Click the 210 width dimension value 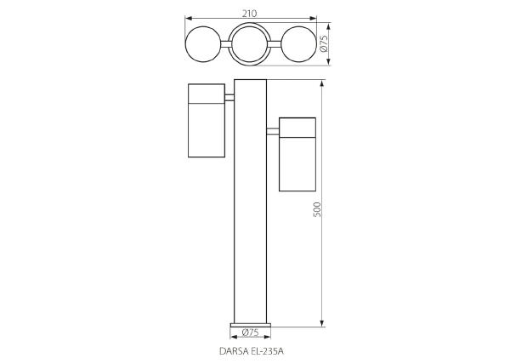tap(249, 14)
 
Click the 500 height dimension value tap(317, 210)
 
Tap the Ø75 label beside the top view tap(324, 44)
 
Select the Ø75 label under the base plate tap(251, 333)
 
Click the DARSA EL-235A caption tap(252, 351)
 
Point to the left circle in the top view tap(185, 44)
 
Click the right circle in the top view tap(316, 44)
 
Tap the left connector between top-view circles tap(225, 44)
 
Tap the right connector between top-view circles tap(275, 44)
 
